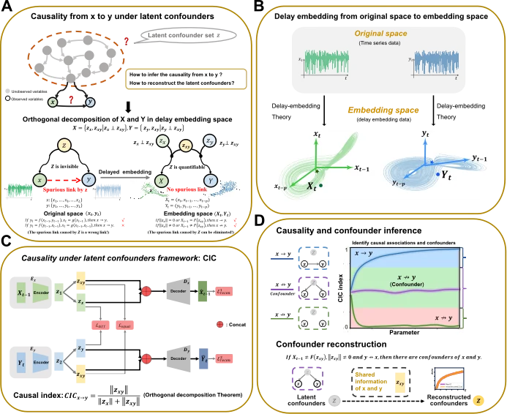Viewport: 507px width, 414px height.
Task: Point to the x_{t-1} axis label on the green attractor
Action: click(x=364, y=168)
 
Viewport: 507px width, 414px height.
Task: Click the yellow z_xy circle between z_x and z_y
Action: click(x=187, y=146)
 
